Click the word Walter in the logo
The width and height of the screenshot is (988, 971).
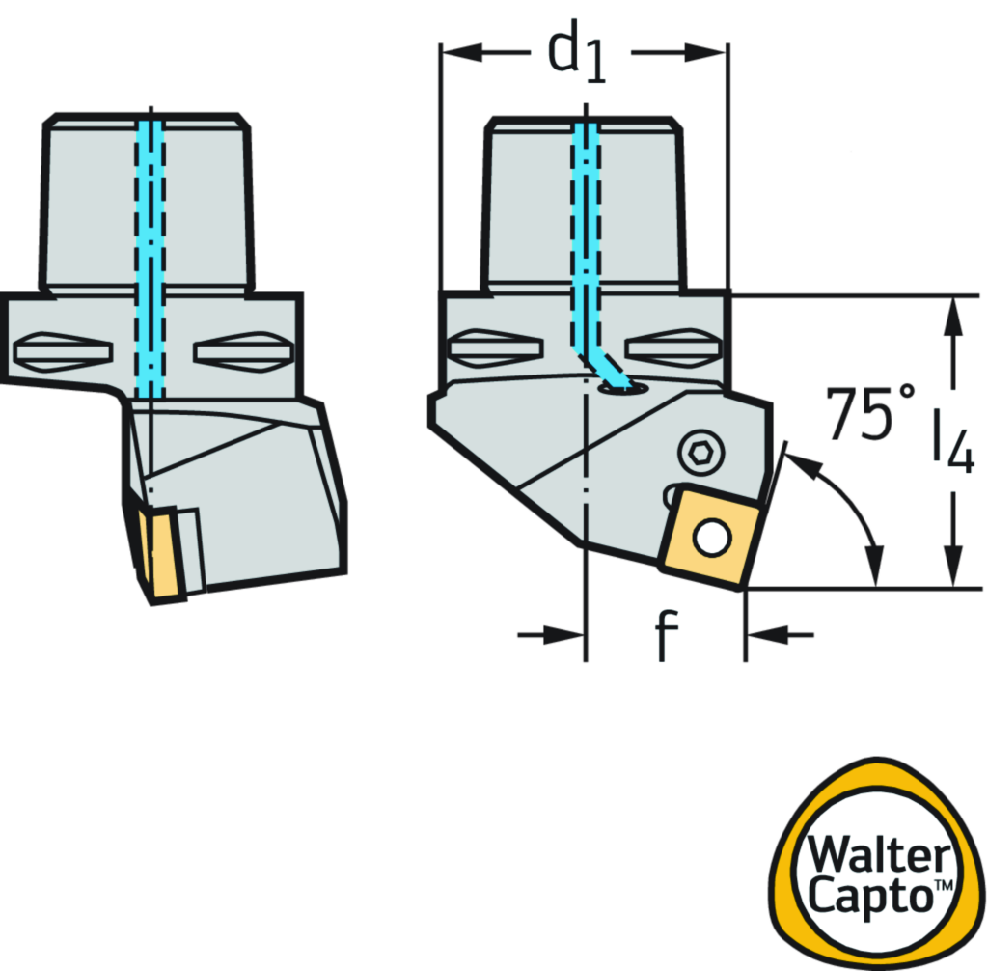[x=878, y=856]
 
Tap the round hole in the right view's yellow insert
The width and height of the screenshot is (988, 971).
[x=712, y=538]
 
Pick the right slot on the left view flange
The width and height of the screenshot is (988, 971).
[x=242, y=350]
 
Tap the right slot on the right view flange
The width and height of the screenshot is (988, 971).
[x=672, y=347]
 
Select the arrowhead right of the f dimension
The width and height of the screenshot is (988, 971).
[x=768, y=635]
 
